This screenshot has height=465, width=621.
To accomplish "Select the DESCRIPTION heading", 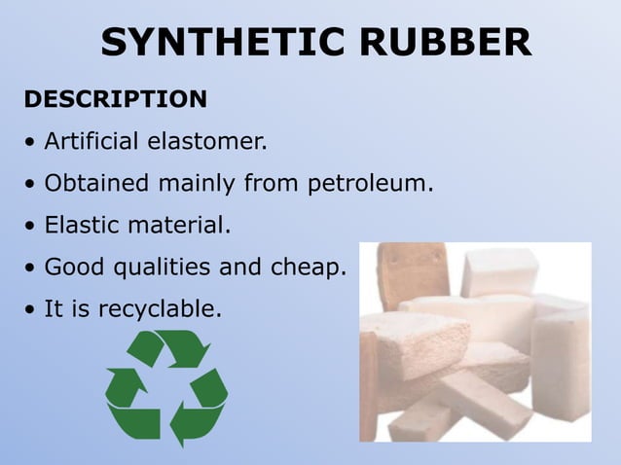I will click(115, 99).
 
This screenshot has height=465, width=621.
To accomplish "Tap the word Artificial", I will click(92, 142).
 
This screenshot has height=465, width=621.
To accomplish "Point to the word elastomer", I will click(206, 142).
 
